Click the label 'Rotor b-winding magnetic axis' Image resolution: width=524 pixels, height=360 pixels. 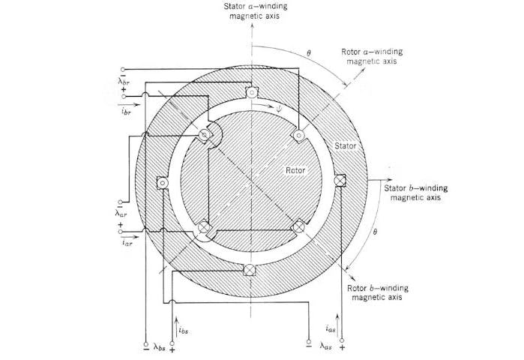pos(374,293)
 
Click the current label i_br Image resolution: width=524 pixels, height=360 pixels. pos(124,109)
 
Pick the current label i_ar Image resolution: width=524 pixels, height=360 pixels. pos(125,243)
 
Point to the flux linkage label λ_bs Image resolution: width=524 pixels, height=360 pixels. pos(159,347)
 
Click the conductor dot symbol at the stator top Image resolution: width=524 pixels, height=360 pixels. pos(251,94)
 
